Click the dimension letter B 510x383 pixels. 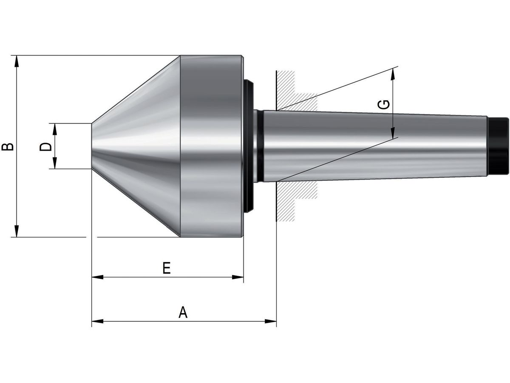(x=8, y=146)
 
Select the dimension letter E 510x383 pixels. (x=167, y=268)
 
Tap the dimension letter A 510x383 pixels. (x=183, y=312)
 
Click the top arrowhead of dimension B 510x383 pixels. (x=17, y=60)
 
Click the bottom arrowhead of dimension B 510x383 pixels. (x=17, y=232)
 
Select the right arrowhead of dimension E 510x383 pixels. (x=238, y=277)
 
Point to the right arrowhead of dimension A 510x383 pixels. (x=271, y=320)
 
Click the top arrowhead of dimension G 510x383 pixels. (x=393, y=74)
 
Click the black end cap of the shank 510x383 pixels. (x=498, y=146)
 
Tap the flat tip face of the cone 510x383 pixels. (x=92, y=146)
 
